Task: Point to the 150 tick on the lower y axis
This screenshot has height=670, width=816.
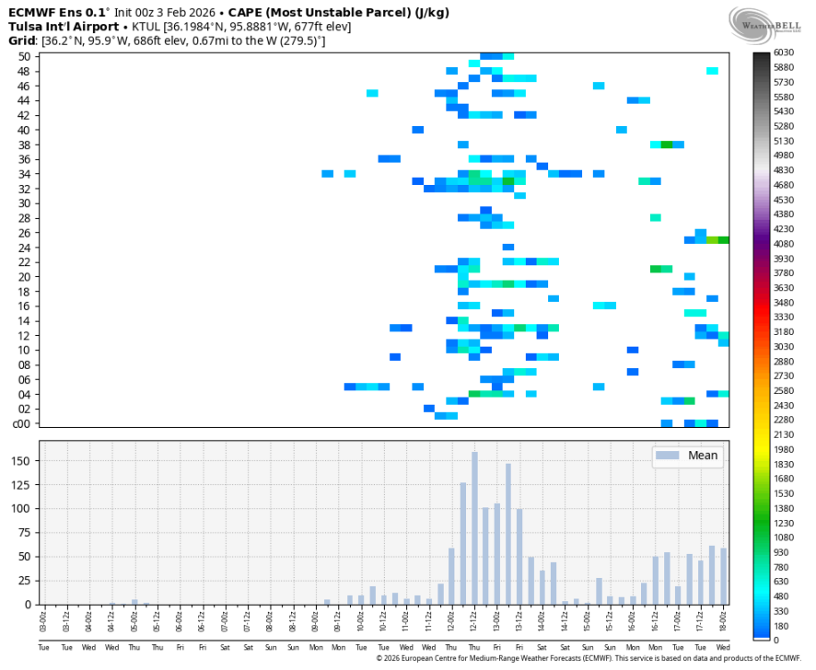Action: tap(22, 461)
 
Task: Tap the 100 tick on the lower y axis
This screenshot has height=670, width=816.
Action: tap(22, 508)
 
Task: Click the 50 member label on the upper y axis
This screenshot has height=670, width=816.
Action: tap(24, 56)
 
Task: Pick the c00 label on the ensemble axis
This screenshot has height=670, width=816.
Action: tap(23, 423)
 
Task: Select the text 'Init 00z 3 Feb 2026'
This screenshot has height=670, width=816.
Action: tap(167, 13)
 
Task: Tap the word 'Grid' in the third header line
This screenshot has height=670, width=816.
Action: tap(21, 41)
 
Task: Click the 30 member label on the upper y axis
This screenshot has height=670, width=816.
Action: tap(24, 203)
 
